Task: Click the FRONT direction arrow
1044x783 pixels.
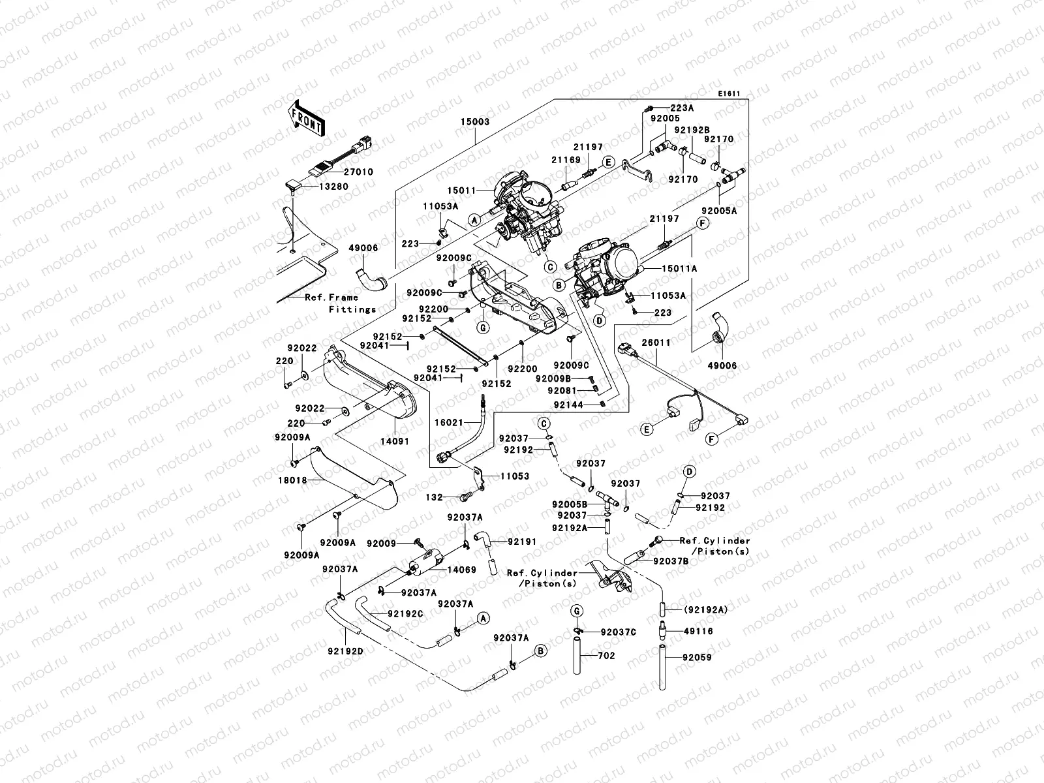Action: pyautogui.click(x=305, y=119)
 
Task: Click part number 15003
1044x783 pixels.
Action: pyautogui.click(x=475, y=122)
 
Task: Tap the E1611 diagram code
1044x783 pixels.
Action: pyautogui.click(x=729, y=94)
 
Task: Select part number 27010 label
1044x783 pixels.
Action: pyautogui.click(x=358, y=172)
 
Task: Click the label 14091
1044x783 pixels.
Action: pyautogui.click(x=395, y=442)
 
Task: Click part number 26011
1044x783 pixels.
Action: pyautogui.click(x=656, y=343)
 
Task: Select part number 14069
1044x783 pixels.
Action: pyautogui.click(x=461, y=570)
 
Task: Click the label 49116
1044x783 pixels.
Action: pyautogui.click(x=698, y=632)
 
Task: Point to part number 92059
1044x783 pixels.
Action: pyautogui.click(x=698, y=658)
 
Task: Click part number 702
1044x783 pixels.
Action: pyautogui.click(x=606, y=656)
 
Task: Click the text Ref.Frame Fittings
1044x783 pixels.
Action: pyautogui.click(x=341, y=303)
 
